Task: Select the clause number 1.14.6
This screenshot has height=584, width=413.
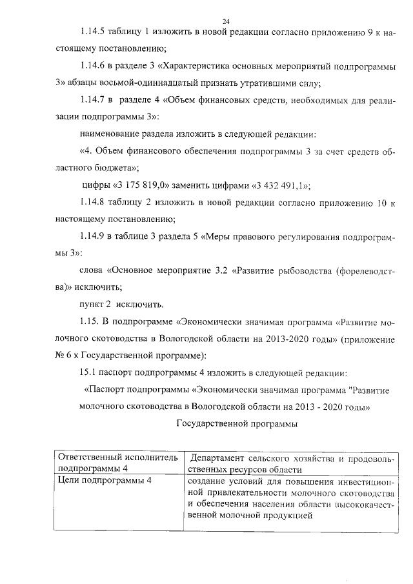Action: click(95, 66)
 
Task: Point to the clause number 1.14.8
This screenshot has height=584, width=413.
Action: click(95, 203)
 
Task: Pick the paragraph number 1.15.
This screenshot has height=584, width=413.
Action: click(90, 321)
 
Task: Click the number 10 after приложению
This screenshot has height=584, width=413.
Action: click(381, 203)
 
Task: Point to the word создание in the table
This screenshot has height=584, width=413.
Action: click(207, 481)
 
